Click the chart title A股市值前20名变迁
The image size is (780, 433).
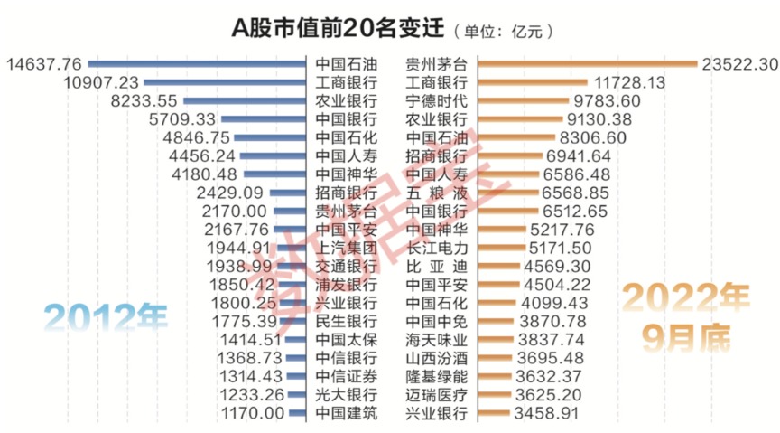click(339, 29)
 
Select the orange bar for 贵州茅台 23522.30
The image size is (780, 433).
click(588, 64)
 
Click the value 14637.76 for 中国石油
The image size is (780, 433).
click(44, 64)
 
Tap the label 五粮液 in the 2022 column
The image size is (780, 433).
click(437, 193)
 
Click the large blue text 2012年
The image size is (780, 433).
click(107, 318)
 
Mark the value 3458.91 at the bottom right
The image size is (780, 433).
click(550, 414)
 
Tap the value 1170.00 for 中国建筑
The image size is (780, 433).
click(253, 414)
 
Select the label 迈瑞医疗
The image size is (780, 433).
click(437, 396)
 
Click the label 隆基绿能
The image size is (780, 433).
click(437, 377)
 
